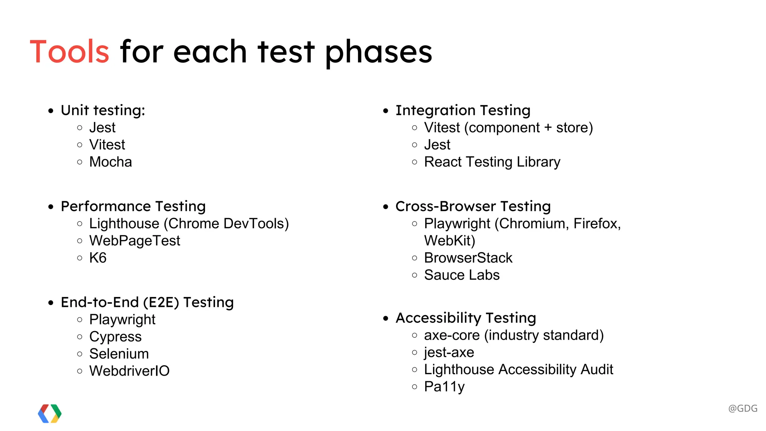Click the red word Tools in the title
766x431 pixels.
(70, 52)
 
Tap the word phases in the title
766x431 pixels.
(379, 52)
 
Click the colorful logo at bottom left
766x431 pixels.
(50, 413)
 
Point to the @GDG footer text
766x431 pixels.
(742, 408)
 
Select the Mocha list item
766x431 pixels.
(110, 162)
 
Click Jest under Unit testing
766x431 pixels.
(102, 128)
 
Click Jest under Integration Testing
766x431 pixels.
(437, 145)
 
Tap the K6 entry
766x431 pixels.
(98, 258)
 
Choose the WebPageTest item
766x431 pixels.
(135, 241)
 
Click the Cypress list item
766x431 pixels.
(115, 337)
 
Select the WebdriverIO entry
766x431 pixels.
(129, 371)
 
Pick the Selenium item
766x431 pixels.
(119, 354)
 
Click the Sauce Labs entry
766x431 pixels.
(462, 275)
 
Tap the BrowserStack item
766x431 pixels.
(468, 258)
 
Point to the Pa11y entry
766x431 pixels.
(444, 386)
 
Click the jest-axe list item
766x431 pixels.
(449, 352)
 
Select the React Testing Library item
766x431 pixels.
(492, 162)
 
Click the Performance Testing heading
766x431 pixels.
(133, 206)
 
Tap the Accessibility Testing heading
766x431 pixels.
(466, 318)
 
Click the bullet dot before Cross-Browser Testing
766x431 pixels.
(386, 207)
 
